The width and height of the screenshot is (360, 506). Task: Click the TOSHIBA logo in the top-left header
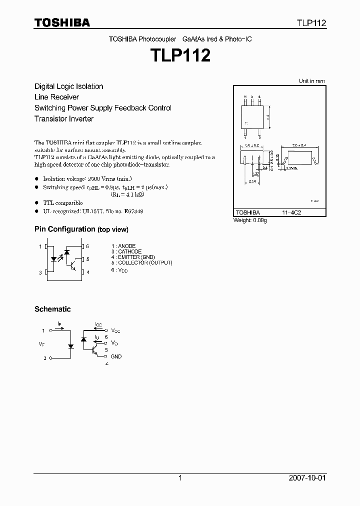62,23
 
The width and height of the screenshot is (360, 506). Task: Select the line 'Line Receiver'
56,97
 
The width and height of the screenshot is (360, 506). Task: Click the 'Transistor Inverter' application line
64,119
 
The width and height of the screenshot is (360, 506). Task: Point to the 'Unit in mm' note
311,81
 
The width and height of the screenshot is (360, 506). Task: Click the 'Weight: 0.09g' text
250,220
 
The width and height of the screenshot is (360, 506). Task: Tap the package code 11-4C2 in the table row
291,212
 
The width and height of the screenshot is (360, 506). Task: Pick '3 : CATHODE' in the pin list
126,251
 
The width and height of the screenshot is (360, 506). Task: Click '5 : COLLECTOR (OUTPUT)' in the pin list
142,262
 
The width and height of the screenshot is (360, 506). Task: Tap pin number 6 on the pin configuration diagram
88,246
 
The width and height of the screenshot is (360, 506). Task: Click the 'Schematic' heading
52,309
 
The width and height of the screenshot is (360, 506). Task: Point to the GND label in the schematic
116,356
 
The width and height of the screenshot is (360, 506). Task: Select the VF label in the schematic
41,344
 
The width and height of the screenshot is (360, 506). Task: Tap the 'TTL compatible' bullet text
63,203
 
